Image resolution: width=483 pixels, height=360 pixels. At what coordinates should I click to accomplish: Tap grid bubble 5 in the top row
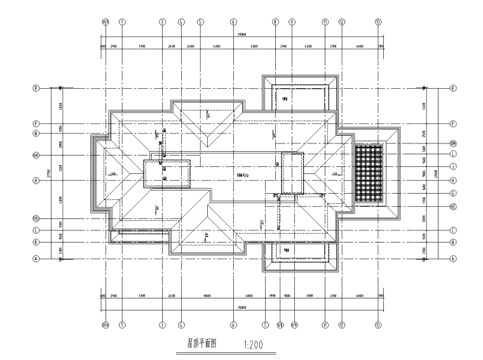[x=200, y=21]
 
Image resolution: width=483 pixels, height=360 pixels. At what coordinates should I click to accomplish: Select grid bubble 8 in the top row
[x=275, y=21]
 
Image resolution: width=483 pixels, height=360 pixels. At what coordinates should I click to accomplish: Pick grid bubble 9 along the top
[x=292, y=21]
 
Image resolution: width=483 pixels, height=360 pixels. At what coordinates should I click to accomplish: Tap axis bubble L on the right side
[x=453, y=154]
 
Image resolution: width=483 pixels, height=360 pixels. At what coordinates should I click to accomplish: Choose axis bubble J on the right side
[x=453, y=167]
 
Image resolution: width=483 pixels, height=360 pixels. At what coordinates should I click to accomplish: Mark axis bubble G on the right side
[x=453, y=194]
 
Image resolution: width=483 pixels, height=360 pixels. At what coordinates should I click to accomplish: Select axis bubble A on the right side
[x=453, y=259]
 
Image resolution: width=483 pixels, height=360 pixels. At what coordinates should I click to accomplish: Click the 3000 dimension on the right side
[x=425, y=218]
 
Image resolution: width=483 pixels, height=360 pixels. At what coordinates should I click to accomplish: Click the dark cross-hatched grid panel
[x=369, y=173]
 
